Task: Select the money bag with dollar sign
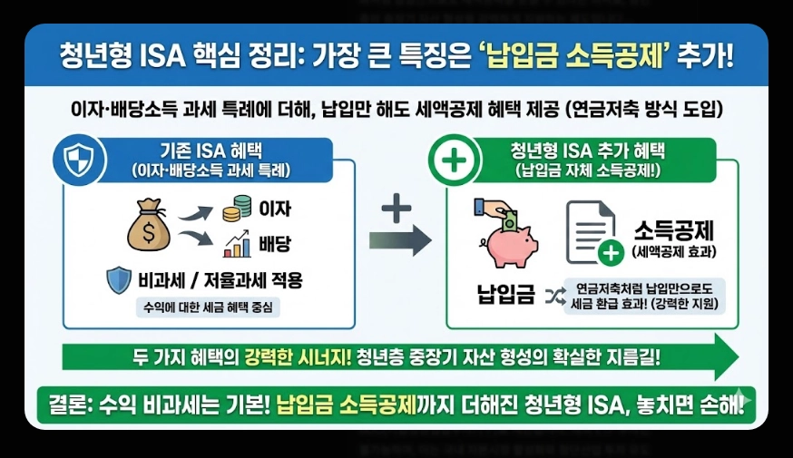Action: tap(149, 227)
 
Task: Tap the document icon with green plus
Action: tap(593, 231)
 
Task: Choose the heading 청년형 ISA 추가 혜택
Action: tap(589, 150)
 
